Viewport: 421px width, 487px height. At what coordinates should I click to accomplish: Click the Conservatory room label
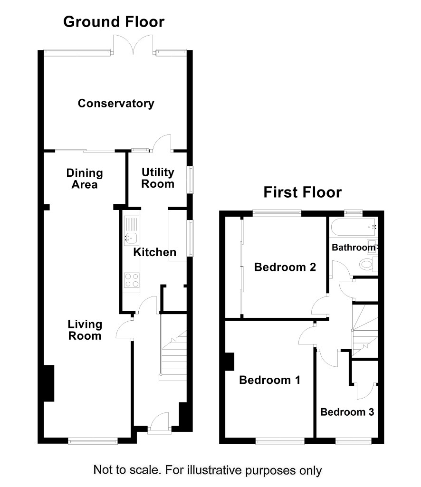pos(116,104)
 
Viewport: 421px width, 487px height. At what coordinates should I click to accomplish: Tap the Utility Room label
pos(158,178)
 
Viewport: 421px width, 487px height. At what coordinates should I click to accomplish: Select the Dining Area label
pos(85,179)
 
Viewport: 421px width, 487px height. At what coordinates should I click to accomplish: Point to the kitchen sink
pos(132,231)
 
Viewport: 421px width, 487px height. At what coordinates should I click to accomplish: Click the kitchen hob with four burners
pos(132,280)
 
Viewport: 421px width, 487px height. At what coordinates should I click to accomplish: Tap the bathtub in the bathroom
pos(354,228)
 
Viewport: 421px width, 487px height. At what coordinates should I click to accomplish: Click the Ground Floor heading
pos(114,22)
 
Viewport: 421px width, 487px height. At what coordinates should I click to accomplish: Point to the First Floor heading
pos(303,192)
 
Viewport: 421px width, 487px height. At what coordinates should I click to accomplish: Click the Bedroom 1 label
pos(270,380)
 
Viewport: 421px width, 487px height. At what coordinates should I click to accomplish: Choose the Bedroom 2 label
pos(285,267)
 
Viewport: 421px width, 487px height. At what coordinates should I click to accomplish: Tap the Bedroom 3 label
pos(347,412)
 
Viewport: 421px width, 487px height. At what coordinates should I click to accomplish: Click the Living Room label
pos(85,330)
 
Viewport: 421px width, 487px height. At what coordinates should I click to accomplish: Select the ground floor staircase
pos(173,347)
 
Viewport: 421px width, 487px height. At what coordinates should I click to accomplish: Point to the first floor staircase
pos(365,330)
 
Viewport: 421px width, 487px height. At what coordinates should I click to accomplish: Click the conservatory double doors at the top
pos(134,45)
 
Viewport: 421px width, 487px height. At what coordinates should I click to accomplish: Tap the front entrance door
pos(159,422)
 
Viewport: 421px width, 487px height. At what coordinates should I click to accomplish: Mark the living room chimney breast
pos(49,383)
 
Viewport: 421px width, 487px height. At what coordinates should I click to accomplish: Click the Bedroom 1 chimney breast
pos(230,362)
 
